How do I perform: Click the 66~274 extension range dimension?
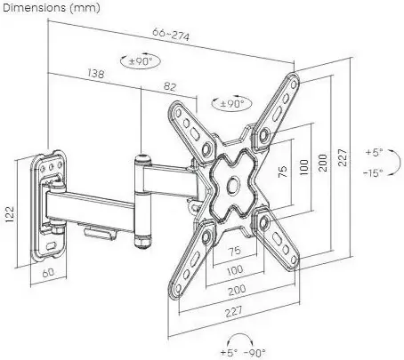coord(171,35)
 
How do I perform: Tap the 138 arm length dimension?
coord(96,73)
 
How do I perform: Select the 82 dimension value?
coord(170,86)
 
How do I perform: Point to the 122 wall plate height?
coord(9,214)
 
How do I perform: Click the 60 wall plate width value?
coord(48,273)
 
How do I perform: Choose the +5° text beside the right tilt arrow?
coord(374,152)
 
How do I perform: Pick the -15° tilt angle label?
coord(373,172)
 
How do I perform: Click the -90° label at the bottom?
coord(255,353)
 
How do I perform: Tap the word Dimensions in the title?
coord(34,7)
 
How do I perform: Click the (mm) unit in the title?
coord(85,8)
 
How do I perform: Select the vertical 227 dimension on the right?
coord(343,157)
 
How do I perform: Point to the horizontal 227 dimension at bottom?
coord(233,311)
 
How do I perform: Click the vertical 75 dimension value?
coord(283,172)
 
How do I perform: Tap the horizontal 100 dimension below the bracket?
coord(235,270)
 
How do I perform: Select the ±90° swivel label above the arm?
coord(141,61)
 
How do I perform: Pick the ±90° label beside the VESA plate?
coord(231,103)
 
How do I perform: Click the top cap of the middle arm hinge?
coord(143,157)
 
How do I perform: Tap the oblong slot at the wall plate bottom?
coord(51,245)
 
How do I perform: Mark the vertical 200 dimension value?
coord(323,163)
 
